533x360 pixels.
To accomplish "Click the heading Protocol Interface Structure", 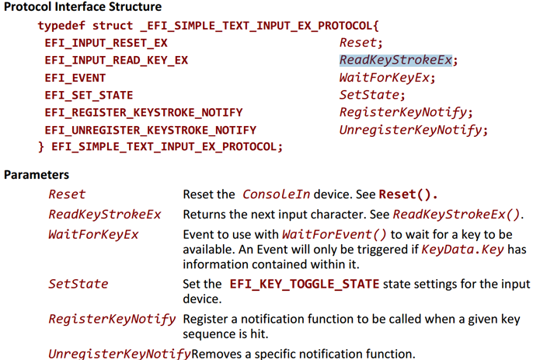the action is tap(82, 7).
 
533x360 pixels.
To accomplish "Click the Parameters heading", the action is tap(37, 174).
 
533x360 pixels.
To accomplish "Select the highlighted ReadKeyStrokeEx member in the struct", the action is tap(395, 60).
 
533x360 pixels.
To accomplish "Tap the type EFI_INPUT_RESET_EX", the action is tap(106, 44).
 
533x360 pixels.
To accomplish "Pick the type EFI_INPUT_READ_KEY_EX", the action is tap(117, 61).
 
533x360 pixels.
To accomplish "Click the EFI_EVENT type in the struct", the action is tap(75, 78).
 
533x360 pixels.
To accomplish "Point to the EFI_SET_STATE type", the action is tap(89, 96).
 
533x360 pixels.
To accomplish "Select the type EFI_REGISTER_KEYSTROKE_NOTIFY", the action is tap(144, 113).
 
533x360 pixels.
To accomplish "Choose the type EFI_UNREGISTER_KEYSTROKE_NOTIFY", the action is tap(150, 130).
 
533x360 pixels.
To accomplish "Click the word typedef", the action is tap(61, 26).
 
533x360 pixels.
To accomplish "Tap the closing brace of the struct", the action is tap(41, 147).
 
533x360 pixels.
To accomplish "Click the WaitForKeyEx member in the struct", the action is tap(385, 78).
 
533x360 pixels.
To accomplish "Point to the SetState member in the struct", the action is tap(370, 95).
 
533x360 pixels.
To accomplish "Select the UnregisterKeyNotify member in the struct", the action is tap(410, 130).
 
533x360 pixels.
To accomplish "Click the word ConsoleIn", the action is tap(276, 194).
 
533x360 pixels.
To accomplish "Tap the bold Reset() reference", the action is tap(408, 194).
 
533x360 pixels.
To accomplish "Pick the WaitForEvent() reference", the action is tap(334, 235).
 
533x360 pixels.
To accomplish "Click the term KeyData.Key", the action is tap(462, 250).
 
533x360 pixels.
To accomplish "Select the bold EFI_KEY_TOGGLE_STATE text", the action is tap(305, 284).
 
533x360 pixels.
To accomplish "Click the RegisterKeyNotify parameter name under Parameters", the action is tap(112, 319).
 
